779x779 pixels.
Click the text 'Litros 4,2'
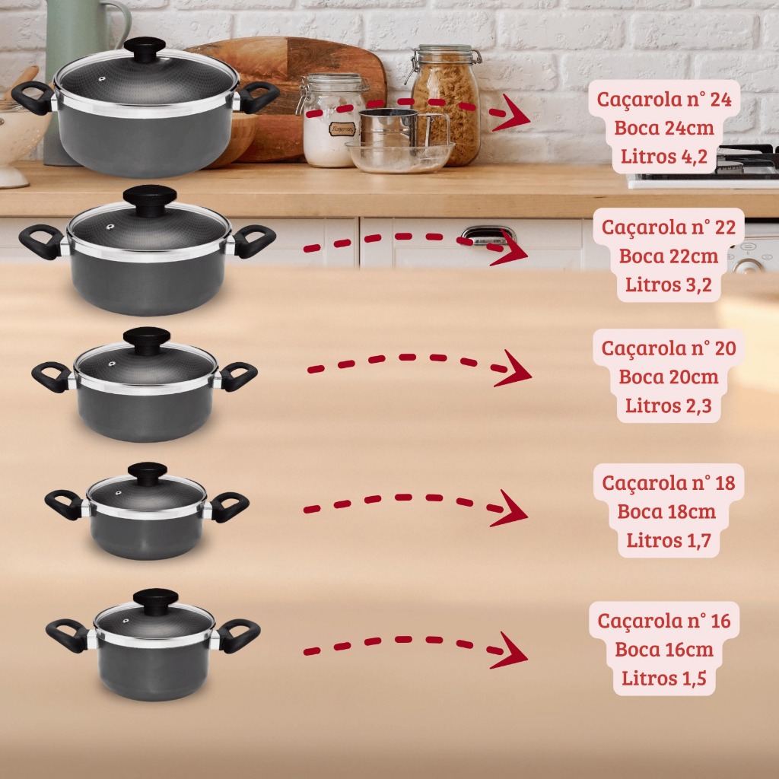click(x=663, y=157)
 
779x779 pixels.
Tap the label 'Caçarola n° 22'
click(x=668, y=227)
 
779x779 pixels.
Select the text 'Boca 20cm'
click(x=668, y=377)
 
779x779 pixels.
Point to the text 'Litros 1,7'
click(x=668, y=540)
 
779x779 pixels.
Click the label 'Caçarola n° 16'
click(x=663, y=621)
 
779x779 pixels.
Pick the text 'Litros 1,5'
click(x=663, y=678)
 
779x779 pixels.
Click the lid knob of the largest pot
click(x=145, y=49)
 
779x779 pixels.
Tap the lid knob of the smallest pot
click(x=155, y=601)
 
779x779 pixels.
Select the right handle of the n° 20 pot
click(x=237, y=376)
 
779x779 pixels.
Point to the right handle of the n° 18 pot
click(x=228, y=506)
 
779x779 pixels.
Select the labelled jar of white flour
click(x=331, y=120)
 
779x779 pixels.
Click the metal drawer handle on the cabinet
click(x=485, y=235)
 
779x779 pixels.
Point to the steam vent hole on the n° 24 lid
click(x=102, y=78)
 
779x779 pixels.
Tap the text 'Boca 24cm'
click(x=663, y=128)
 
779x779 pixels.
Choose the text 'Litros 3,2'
click(x=668, y=285)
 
